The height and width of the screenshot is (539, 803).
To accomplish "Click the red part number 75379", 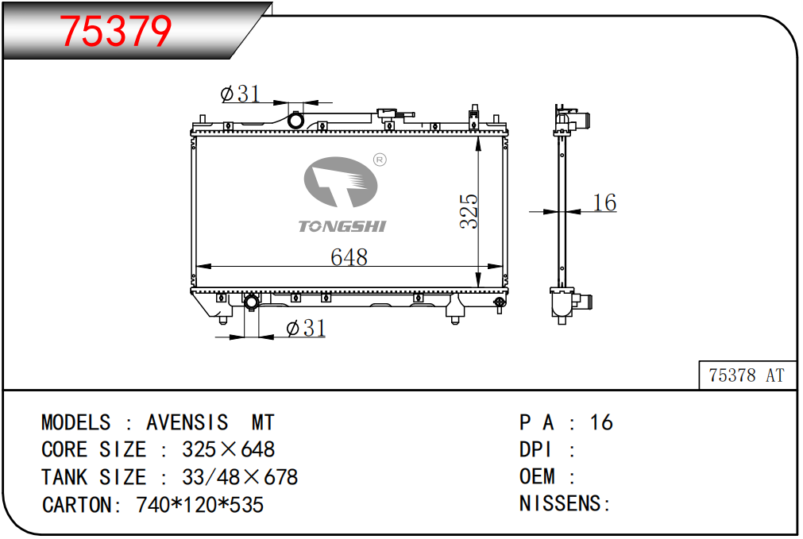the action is pyautogui.click(x=115, y=31).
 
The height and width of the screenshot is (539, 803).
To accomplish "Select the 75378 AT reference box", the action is pyautogui.click(x=747, y=375).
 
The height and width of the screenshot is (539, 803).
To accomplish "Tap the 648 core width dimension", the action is pyautogui.click(x=349, y=257).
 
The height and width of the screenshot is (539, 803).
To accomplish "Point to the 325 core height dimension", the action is pyautogui.click(x=469, y=211).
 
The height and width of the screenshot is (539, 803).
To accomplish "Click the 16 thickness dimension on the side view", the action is pyautogui.click(x=604, y=202).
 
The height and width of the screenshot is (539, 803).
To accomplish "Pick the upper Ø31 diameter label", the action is pyautogui.click(x=240, y=94).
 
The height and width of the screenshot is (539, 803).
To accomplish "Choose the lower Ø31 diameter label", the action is pyautogui.click(x=306, y=328).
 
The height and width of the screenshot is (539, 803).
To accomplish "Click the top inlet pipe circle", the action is pyautogui.click(x=295, y=121).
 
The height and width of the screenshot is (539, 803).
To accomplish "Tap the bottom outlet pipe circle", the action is pyautogui.click(x=251, y=302).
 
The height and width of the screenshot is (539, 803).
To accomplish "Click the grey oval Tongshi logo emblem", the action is pyautogui.click(x=341, y=183).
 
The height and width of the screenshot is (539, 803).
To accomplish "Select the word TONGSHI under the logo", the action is pyautogui.click(x=342, y=226).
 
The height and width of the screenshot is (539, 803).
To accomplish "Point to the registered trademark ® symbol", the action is pyautogui.click(x=380, y=160).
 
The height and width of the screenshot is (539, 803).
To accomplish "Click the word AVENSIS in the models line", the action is pyautogui.click(x=187, y=423).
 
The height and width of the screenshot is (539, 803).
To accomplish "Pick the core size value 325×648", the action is pyautogui.click(x=229, y=449).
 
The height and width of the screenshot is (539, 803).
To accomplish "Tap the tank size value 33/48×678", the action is pyautogui.click(x=240, y=477).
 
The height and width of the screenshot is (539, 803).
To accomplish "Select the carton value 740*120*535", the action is pyautogui.click(x=199, y=505).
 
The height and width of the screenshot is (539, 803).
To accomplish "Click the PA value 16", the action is pyautogui.click(x=601, y=423).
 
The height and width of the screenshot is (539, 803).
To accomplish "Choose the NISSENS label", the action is pyautogui.click(x=560, y=504).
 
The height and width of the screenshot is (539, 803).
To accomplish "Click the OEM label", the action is pyautogui.click(x=537, y=476).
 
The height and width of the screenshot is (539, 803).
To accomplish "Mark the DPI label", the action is pyautogui.click(x=535, y=449).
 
